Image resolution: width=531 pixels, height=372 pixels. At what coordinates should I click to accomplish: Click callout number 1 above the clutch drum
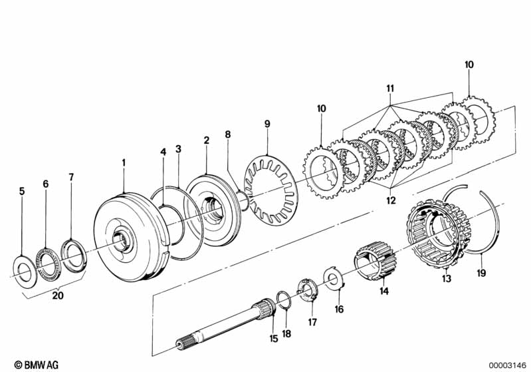[124, 162]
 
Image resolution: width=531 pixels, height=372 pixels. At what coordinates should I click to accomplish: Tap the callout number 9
[267, 124]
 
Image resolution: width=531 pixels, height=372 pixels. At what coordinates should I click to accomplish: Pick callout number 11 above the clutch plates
[390, 88]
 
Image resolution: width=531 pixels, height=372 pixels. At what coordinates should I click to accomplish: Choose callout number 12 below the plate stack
[391, 200]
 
